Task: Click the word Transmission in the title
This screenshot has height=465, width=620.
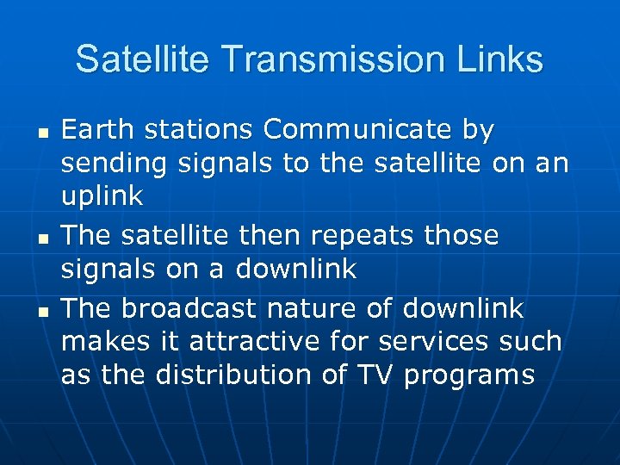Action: pyautogui.click(x=332, y=60)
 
